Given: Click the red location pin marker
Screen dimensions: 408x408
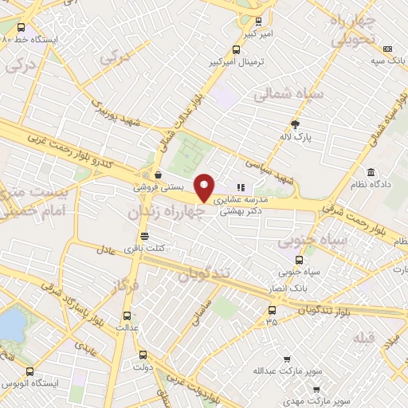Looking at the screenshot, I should [x=205, y=187].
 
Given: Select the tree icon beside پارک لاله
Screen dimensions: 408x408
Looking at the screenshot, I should [x=295, y=124].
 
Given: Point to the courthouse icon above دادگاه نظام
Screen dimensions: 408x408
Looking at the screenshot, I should [x=371, y=172].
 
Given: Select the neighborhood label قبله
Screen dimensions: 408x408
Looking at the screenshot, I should [x=363, y=338].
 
